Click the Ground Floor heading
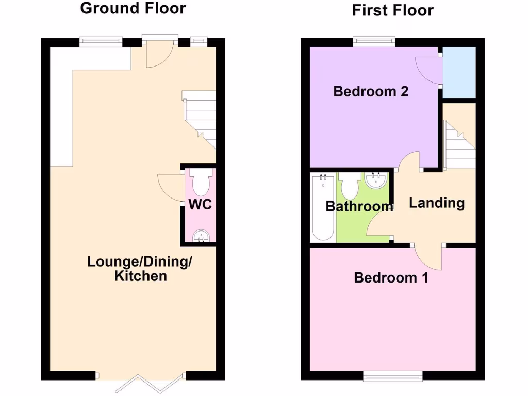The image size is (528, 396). pos(133,8)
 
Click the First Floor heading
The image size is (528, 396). pos(393,10)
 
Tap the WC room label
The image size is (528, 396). pos(200,204)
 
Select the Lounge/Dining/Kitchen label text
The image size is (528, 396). pos(140,268)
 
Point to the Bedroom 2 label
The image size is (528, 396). pos(371,92)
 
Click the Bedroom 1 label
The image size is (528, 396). pos(391,278)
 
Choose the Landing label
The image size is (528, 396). pos(437,203)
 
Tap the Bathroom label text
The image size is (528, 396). pos(359,207)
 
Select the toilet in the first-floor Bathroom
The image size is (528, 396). pos(351,186)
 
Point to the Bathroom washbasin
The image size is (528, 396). pos(377,180)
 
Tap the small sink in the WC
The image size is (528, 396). pos(200,236)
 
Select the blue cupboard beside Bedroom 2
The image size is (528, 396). pos(459,73)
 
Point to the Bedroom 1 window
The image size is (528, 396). pos(393,376)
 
